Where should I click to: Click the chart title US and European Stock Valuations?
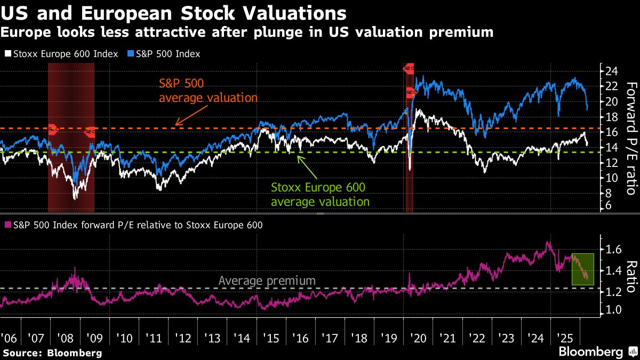coord(173,13)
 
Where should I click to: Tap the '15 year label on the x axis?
coord(270,339)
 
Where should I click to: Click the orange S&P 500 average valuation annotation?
coord(209,91)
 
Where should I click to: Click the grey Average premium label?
coord(267,281)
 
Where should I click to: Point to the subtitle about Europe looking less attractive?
coord(246,33)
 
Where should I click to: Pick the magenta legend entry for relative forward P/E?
coord(133,225)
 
